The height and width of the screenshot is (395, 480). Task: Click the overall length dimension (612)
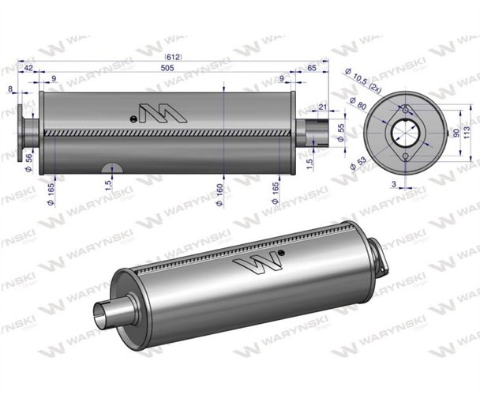[x=172, y=57]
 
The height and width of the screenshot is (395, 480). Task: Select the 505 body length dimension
[x=167, y=69]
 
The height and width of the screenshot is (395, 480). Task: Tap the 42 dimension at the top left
[x=29, y=69]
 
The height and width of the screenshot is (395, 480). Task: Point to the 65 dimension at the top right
[x=311, y=69]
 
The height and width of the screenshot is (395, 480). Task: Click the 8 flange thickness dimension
[x=10, y=90]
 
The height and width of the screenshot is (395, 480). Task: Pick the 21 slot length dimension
[x=322, y=107]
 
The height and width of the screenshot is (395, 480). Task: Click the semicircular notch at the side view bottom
[x=113, y=167]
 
